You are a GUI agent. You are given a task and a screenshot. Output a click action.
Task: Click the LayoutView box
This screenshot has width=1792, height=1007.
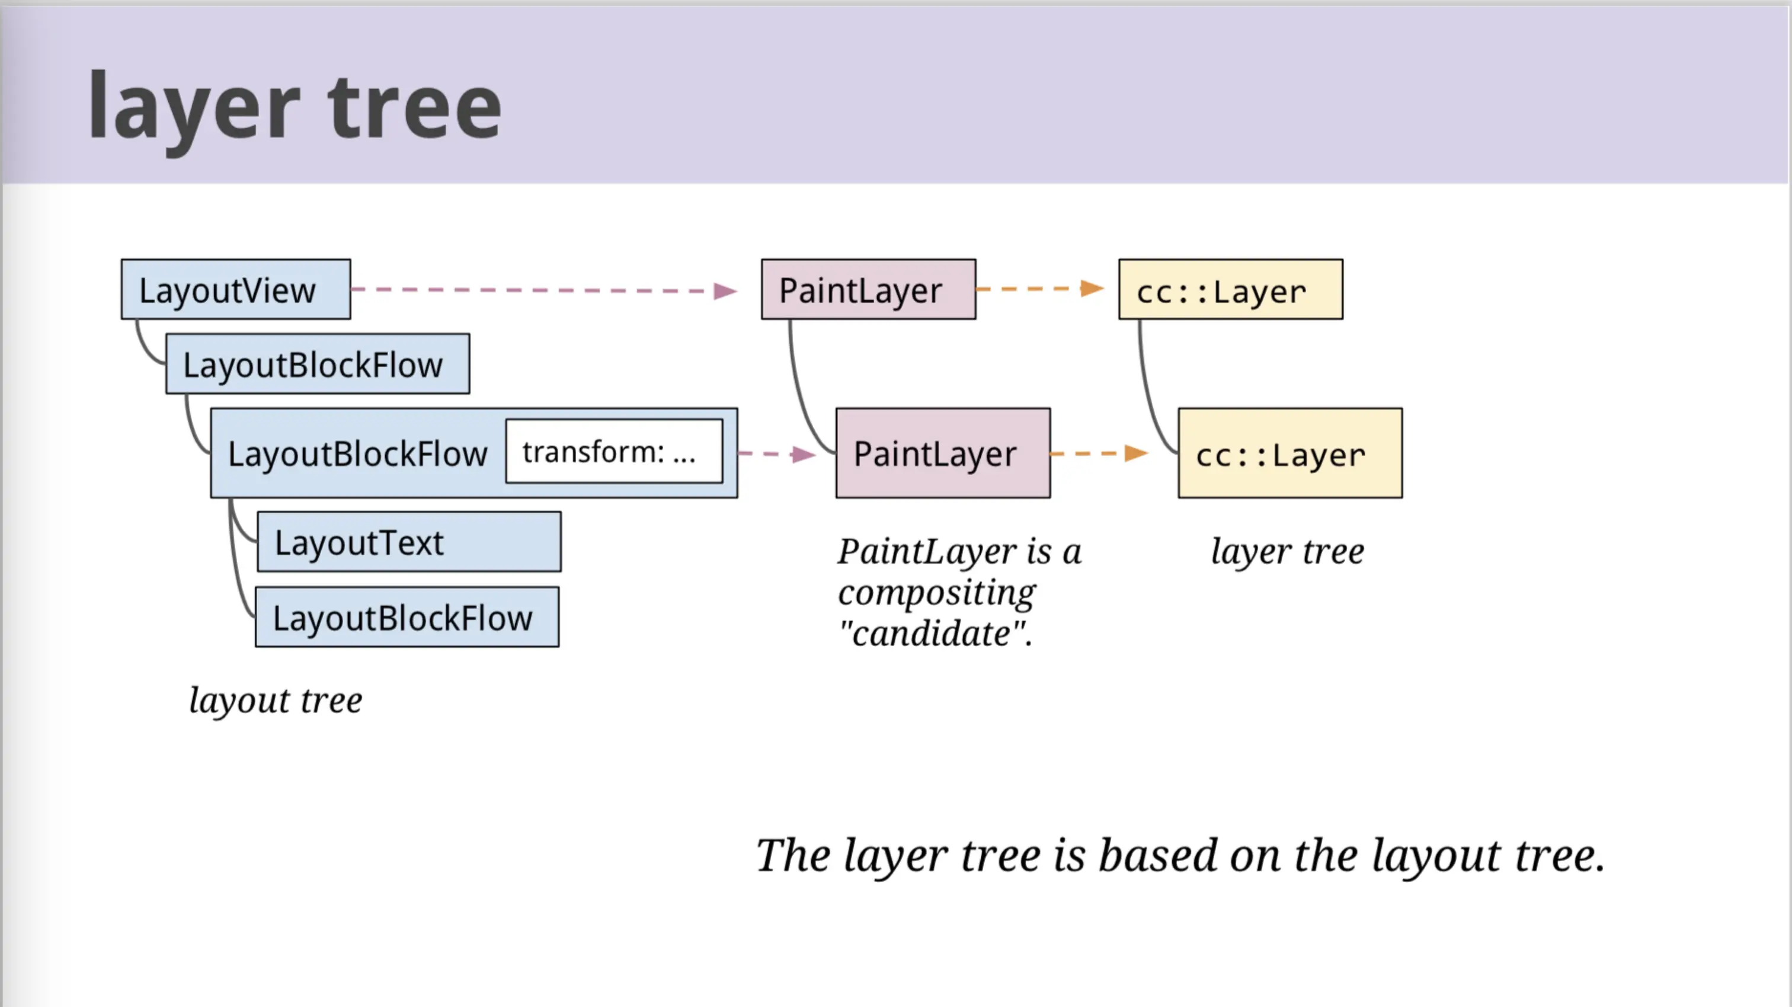coord(236,289)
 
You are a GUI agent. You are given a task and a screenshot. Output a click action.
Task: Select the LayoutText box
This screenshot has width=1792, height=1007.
coord(409,542)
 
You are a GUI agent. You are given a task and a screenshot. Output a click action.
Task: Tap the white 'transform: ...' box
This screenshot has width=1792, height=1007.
coord(615,451)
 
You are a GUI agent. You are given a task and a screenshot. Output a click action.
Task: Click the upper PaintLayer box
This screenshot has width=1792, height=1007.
coord(869,289)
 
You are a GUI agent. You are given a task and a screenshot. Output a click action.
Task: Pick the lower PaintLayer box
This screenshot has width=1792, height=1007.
coord(943,453)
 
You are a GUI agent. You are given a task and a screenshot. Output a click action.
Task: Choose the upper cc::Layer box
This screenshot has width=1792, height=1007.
coord(1231,289)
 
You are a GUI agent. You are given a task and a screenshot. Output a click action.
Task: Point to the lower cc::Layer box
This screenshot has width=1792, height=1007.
coord(1291,453)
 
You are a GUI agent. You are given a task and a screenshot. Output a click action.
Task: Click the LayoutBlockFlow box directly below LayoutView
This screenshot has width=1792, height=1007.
coord(318,364)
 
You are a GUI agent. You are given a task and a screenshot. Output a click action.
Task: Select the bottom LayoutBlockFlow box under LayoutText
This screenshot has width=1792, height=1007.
coord(407,617)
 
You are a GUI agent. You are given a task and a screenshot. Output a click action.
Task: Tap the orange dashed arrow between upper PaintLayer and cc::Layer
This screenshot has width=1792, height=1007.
coord(1041,288)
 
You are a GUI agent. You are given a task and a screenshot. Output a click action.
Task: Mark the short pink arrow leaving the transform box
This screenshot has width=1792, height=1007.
coord(777,454)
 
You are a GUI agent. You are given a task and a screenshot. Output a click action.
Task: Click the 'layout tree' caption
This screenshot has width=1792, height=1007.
coord(276,700)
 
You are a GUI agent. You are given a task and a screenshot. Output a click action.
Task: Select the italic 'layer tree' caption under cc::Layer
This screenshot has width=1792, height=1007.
coord(1288,551)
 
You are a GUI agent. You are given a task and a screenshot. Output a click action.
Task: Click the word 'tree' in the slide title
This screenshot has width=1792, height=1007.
coord(415,108)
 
